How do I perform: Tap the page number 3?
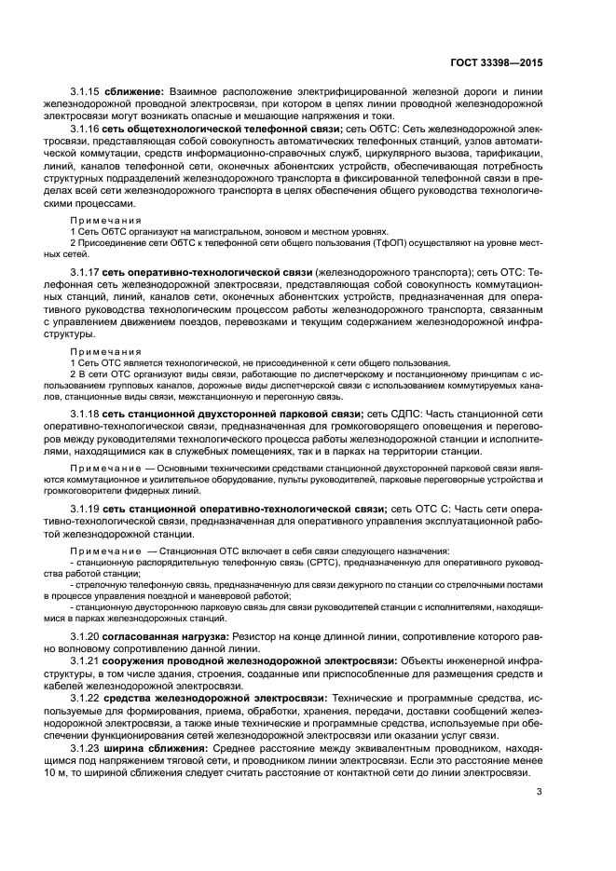coord(539,793)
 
